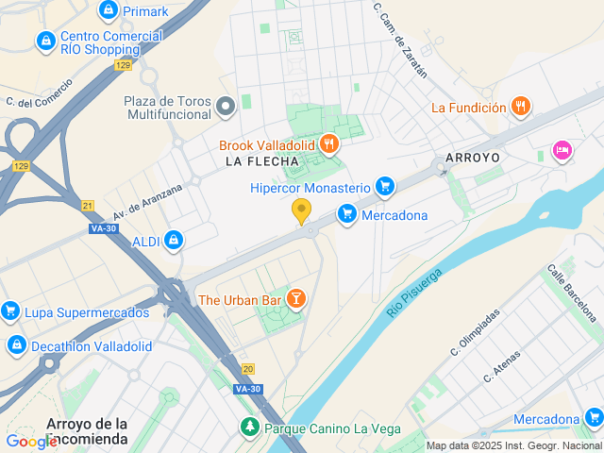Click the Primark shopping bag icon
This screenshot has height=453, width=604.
(x=108, y=11)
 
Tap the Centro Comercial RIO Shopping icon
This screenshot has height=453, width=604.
(x=44, y=42)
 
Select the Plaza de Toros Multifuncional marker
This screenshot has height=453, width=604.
(x=225, y=107)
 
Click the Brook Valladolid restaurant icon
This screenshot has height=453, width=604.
(x=329, y=144)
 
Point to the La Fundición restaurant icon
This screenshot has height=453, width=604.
(x=520, y=107)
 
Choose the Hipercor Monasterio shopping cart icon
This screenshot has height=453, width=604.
(x=384, y=186)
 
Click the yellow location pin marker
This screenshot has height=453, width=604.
(x=302, y=210)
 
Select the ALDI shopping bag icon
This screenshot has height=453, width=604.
(x=173, y=242)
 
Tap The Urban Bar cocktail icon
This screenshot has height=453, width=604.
(x=296, y=300)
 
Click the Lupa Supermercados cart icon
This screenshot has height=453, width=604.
(x=10, y=310)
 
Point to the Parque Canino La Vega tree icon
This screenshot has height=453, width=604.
(x=249, y=428)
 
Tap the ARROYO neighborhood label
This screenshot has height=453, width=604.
(x=471, y=156)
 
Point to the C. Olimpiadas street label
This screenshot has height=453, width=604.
(x=475, y=331)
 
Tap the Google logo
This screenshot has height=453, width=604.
(x=31, y=441)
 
